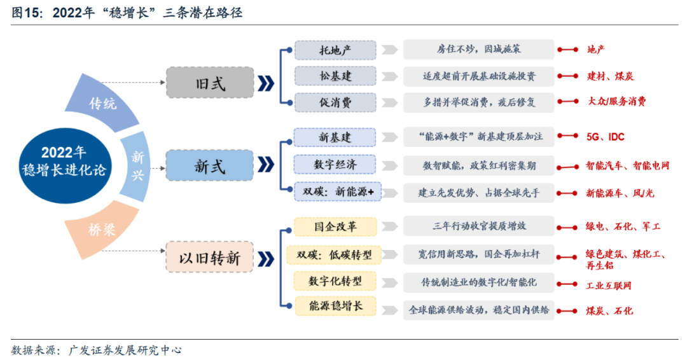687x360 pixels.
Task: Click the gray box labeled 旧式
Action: (209, 83)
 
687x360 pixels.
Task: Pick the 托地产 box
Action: (335, 50)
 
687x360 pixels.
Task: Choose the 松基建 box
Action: (335, 76)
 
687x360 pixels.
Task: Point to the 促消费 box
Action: (335, 102)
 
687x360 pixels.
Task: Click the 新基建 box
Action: (335, 137)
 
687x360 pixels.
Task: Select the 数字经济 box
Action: (335, 164)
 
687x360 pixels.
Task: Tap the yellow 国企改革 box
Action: (335, 226)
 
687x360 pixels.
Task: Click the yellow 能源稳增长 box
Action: (335, 307)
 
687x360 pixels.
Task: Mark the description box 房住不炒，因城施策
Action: (478, 49)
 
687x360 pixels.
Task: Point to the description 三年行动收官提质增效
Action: (478, 226)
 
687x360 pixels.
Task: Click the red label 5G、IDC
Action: (605, 137)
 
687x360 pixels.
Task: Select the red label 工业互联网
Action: (609, 286)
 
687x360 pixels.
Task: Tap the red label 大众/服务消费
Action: (616, 102)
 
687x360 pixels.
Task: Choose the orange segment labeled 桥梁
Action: (103, 230)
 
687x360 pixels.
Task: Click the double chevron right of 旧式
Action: (267, 83)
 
